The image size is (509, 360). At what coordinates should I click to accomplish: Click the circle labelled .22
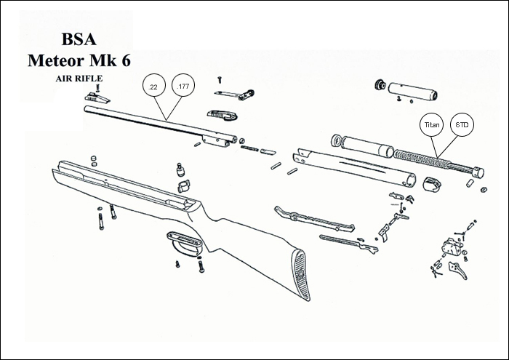tap(153, 87)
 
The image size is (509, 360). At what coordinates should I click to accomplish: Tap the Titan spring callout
tap(432, 126)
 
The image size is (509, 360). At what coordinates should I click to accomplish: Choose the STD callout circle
tap(461, 126)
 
